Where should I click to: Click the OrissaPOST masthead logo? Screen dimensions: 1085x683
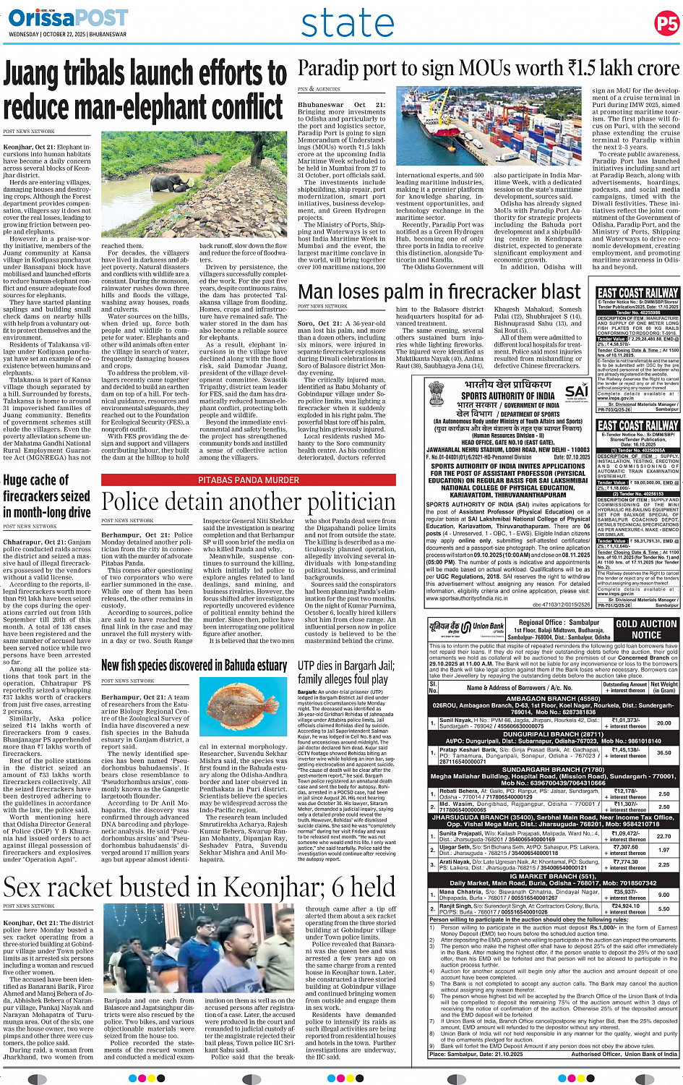click(68, 18)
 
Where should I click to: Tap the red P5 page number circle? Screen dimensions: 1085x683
click(666, 23)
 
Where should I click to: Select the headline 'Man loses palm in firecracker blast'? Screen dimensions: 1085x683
click(439, 292)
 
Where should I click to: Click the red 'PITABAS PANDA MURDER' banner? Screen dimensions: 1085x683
click(248, 480)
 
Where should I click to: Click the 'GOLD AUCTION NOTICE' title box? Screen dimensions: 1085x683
click(645, 629)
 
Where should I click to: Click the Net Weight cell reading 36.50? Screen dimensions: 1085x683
click(663, 752)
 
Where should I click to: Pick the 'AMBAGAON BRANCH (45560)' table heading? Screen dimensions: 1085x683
click(553, 699)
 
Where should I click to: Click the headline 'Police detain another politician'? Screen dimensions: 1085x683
click(249, 502)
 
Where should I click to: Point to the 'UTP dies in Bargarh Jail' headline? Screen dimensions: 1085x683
click(345, 672)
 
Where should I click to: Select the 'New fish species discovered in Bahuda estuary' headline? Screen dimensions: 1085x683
click(194, 665)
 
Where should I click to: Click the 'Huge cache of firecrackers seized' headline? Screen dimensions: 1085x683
click(46, 495)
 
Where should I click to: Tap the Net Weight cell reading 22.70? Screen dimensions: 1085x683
click(663, 835)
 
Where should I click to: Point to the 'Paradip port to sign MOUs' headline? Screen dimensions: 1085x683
click(489, 69)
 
